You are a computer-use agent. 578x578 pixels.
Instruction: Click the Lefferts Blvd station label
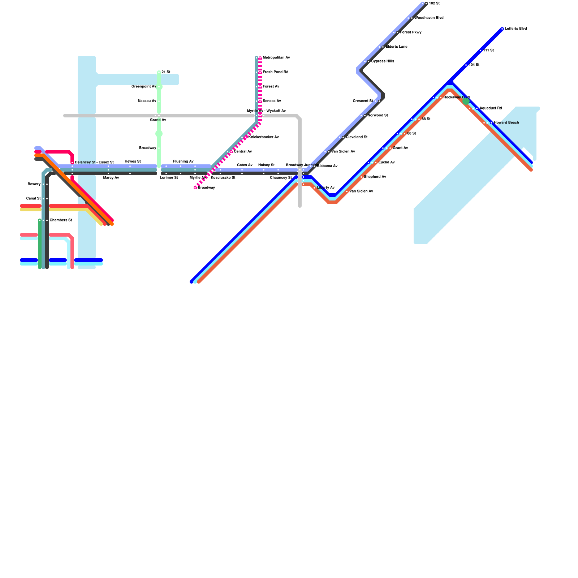[516, 29]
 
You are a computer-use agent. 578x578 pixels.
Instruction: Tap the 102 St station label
[434, 4]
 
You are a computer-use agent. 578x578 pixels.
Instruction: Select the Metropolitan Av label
[276, 58]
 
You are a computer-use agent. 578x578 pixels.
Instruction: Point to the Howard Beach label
[506, 123]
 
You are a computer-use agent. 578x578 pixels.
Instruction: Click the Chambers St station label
[61, 220]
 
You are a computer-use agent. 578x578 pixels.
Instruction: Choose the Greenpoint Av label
[143, 87]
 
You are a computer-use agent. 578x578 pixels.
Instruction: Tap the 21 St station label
[166, 72]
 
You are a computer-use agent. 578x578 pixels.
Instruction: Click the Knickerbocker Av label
[263, 137]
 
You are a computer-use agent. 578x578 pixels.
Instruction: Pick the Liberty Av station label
[325, 188]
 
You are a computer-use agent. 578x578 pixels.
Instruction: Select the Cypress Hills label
[383, 61]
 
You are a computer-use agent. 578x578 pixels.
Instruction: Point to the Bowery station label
[34, 184]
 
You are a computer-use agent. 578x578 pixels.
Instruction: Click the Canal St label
[33, 199]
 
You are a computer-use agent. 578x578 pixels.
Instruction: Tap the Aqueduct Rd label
[491, 108]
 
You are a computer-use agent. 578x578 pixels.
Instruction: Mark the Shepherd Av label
[375, 177]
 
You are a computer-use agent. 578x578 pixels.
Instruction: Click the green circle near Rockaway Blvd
[466, 101]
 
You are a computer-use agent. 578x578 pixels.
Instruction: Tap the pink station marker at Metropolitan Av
[260, 58]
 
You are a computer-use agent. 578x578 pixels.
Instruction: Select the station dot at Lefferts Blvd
[502, 29]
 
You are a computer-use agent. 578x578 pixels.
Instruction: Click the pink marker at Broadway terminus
[195, 188]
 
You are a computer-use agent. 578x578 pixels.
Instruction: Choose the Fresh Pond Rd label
[275, 72]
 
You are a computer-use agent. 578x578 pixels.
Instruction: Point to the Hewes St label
[133, 161]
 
